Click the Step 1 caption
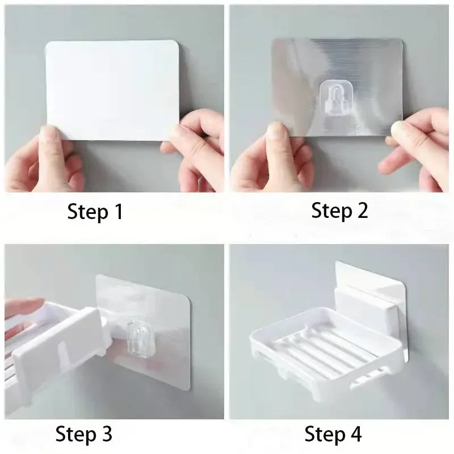point(95,212)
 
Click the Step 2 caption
point(339,211)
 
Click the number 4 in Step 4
point(356,435)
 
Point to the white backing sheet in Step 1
point(112,85)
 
